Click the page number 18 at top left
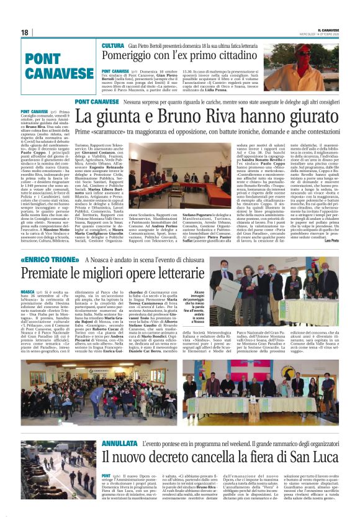(x=24, y=32)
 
